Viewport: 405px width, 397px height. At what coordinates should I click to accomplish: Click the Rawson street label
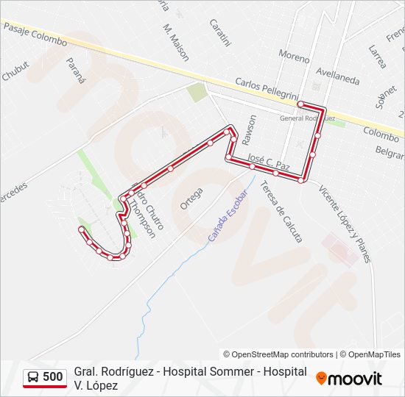[x=252, y=127]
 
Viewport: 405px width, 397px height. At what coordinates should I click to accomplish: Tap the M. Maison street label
[x=176, y=41]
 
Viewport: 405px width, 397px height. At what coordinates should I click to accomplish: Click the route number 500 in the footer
[x=53, y=377]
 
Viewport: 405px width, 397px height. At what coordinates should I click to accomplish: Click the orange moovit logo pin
[x=321, y=379]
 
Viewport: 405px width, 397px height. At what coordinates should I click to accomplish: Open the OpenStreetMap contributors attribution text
[x=278, y=354]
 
